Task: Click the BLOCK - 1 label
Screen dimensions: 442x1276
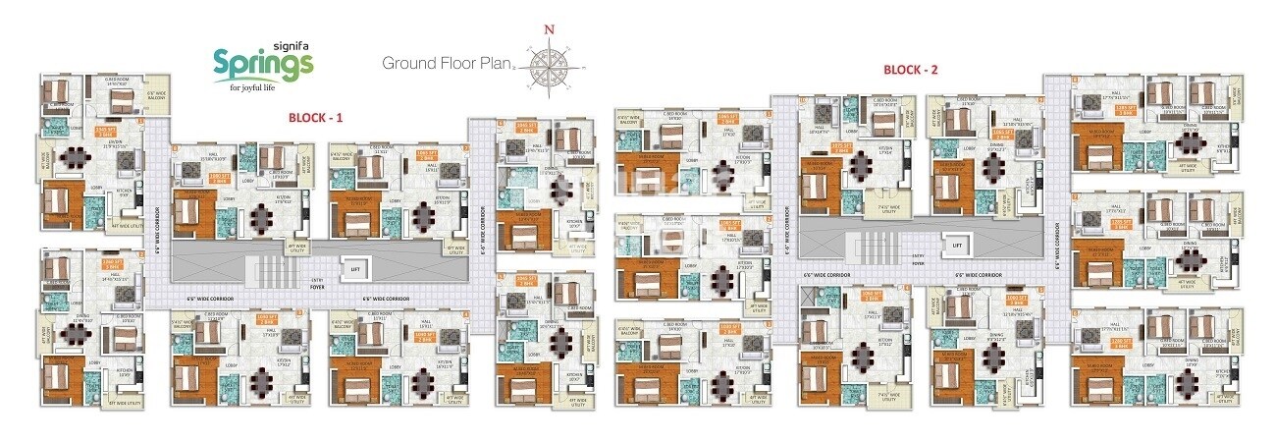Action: pos(315,117)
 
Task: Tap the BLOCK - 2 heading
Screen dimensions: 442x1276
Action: pos(911,70)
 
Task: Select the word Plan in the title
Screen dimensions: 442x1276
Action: pos(495,65)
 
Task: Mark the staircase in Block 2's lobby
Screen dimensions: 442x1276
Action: pos(863,246)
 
